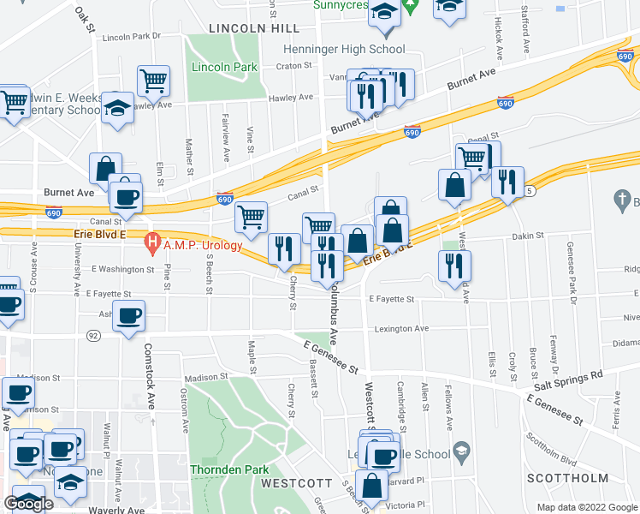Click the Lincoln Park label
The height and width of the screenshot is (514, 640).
pyautogui.click(x=224, y=67)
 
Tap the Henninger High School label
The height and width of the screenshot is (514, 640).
pyautogui.click(x=345, y=50)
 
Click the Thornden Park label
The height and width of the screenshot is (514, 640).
pyautogui.click(x=229, y=469)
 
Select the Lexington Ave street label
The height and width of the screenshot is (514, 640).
pyautogui.click(x=399, y=328)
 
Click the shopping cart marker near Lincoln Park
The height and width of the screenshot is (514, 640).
pyautogui.click(x=153, y=81)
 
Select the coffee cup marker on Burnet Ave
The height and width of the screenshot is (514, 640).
pyautogui.click(x=125, y=196)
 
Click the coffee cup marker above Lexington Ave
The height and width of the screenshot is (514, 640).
pyautogui.click(x=129, y=315)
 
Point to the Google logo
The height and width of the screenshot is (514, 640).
pyautogui.click(x=27, y=505)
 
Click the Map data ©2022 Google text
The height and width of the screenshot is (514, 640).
pyautogui.click(x=586, y=507)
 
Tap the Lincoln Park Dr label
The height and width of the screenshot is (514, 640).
pyautogui.click(x=132, y=37)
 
